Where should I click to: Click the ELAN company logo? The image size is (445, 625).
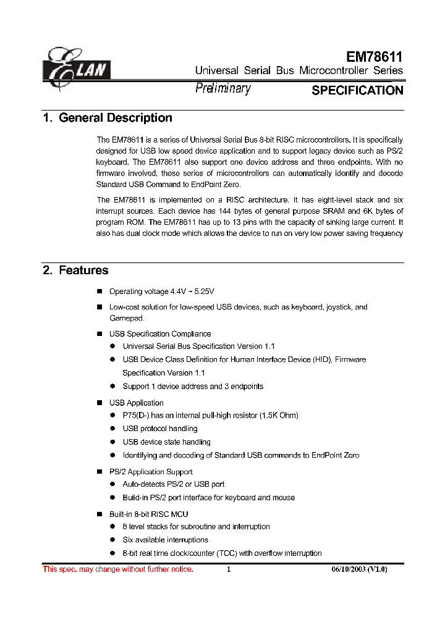(x=75, y=68)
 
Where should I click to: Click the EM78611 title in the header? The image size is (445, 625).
(x=374, y=57)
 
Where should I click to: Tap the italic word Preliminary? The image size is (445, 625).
(x=222, y=89)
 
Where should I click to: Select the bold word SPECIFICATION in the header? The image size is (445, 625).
(x=357, y=90)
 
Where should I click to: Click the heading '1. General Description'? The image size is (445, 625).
(x=108, y=118)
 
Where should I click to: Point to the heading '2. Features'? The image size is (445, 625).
(x=75, y=271)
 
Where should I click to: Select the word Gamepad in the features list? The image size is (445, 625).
(x=127, y=318)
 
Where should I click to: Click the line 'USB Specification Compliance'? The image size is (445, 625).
(x=160, y=334)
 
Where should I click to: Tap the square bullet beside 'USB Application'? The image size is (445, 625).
(x=99, y=403)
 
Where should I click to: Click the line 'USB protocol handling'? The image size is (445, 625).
(x=160, y=429)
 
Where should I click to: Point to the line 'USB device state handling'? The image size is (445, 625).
(x=166, y=442)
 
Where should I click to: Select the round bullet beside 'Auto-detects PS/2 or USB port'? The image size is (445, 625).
(x=112, y=484)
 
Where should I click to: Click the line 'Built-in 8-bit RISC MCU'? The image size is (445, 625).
(x=148, y=514)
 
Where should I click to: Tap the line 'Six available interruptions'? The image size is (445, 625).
(x=165, y=540)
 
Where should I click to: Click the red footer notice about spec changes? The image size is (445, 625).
(x=117, y=569)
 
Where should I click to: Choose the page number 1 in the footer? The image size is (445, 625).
(x=229, y=569)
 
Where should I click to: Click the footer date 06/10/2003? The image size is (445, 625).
(x=345, y=569)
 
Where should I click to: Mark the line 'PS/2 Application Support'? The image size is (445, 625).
(x=151, y=472)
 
